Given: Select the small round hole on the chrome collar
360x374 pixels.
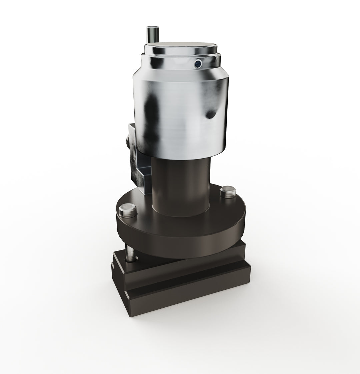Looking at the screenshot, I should [x=198, y=63].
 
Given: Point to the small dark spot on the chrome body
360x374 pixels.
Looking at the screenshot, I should [x=211, y=114].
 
